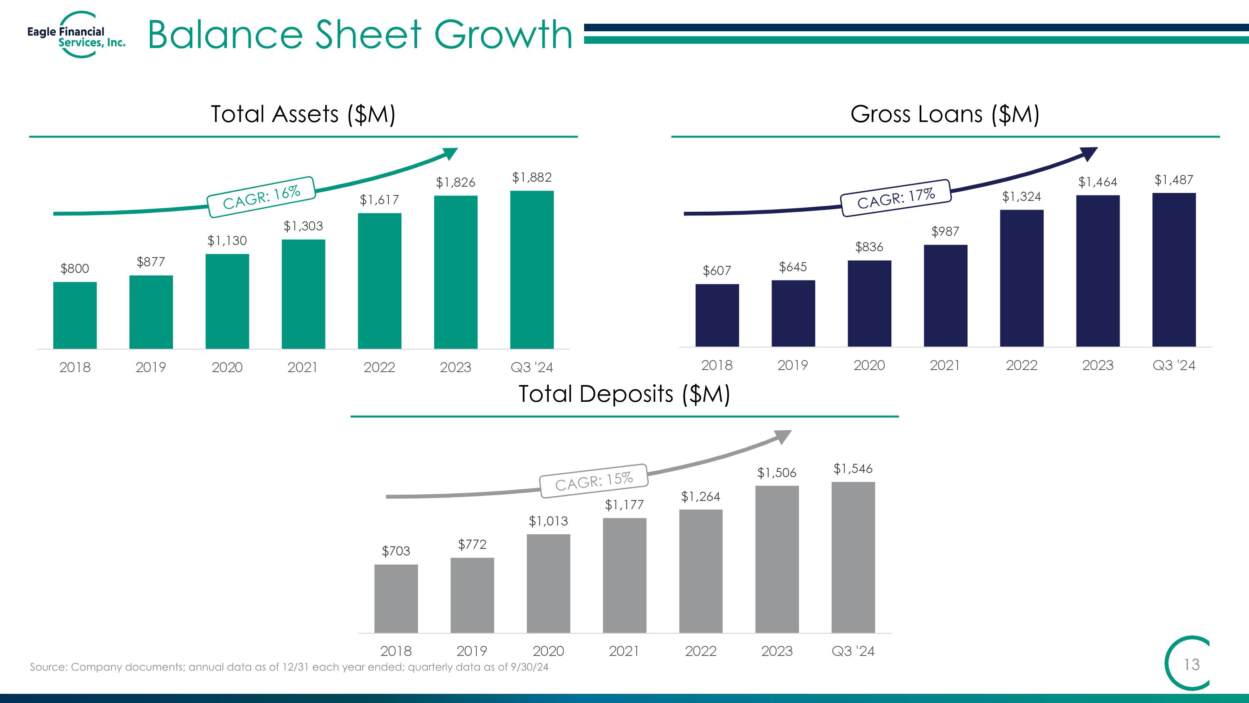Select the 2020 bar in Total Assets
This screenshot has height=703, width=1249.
click(227, 301)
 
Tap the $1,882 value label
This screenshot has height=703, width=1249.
click(532, 178)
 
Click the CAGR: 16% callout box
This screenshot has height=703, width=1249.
click(261, 197)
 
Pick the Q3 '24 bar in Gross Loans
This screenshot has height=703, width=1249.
click(1174, 270)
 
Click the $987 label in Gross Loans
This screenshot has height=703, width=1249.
click(945, 231)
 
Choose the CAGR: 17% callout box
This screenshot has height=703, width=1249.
click(896, 198)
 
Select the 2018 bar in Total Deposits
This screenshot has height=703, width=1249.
click(396, 599)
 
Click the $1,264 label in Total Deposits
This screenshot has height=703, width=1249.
click(701, 496)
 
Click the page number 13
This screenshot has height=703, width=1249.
click(1192, 664)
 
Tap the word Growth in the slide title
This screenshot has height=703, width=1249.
click(503, 35)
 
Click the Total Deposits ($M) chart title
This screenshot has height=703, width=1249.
click(624, 393)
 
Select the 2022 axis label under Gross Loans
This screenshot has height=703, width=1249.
click(1022, 365)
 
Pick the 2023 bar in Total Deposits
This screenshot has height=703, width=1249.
click(777, 559)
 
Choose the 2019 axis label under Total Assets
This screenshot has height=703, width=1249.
click(151, 367)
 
